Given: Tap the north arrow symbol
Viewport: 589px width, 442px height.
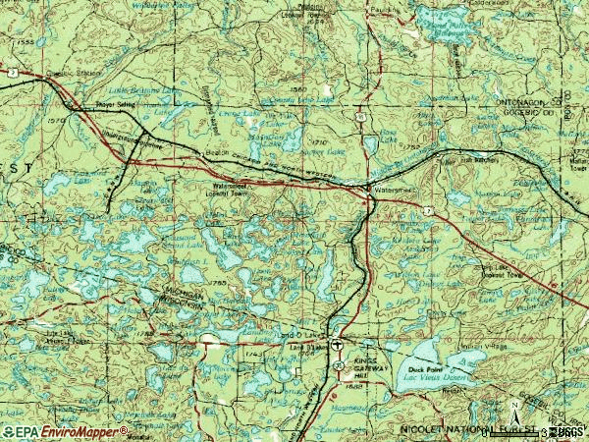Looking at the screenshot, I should coord(515,405).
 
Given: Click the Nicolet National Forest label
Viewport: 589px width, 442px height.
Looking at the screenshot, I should coord(461,430).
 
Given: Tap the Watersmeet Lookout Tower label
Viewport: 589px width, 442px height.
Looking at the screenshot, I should coord(233,188).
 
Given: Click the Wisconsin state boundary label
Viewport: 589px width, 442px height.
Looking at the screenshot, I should coord(185,305).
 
